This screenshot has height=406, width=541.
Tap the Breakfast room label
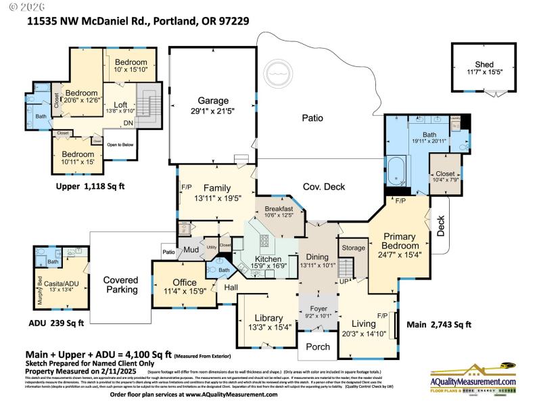pos(279,208)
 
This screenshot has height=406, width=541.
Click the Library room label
pos(268,318)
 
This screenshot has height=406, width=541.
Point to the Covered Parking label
pos(120,285)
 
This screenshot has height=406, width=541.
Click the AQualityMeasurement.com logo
pos(473,380)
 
